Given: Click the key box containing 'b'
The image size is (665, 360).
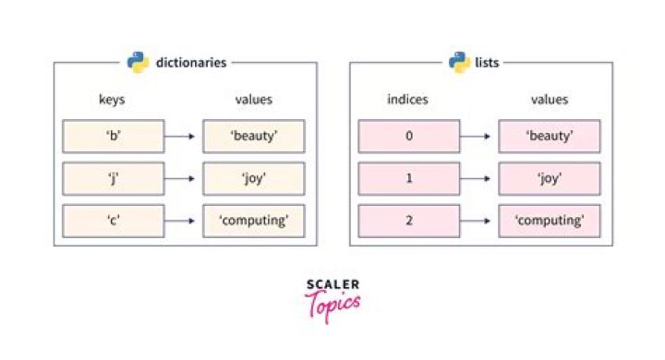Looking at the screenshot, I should [113, 137].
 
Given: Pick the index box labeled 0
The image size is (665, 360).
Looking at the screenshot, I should [408, 137].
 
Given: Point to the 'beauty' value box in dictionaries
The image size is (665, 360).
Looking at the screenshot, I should [254, 137].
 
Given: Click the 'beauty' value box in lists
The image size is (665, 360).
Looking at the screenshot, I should [550, 137].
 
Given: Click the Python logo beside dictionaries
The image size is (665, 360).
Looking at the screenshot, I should [138, 63].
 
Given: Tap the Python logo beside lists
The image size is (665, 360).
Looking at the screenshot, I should [459, 63].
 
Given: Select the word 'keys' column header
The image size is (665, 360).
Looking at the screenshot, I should [113, 100].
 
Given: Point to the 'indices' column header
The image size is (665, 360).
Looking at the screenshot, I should [408, 100].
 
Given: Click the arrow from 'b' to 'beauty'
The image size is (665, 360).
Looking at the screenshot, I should [181, 137].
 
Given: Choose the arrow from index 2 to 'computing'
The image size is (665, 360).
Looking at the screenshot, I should [478, 222].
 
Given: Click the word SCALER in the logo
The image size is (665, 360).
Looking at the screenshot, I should [332, 285].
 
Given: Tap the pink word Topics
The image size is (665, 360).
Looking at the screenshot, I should [332, 304].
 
